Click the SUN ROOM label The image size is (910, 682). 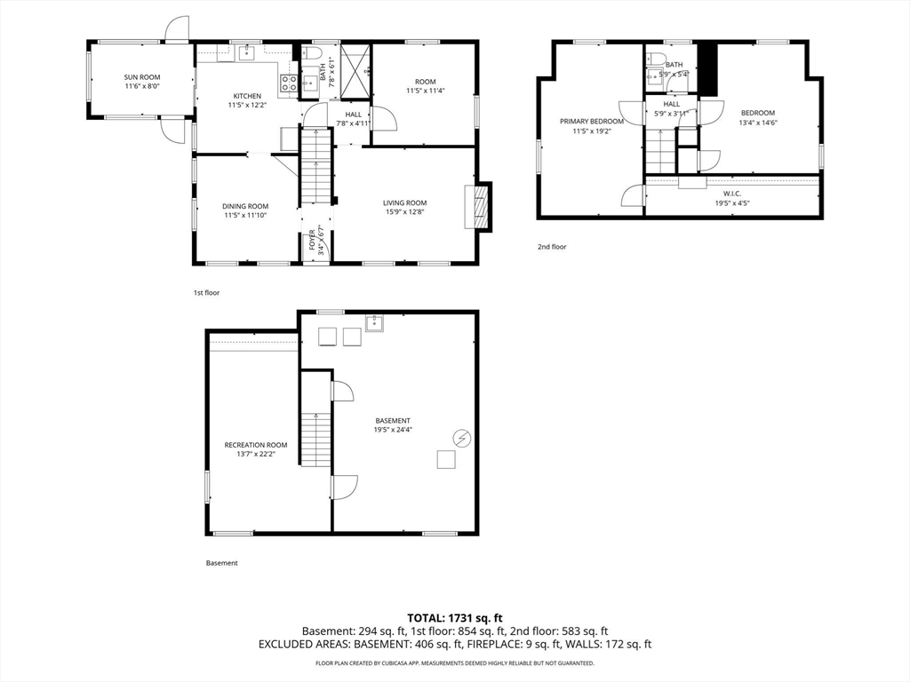[x=142, y=77]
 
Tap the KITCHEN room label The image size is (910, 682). [x=247, y=96]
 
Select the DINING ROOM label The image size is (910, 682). [x=245, y=206]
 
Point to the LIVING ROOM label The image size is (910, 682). [x=404, y=203]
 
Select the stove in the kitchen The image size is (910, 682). [x=289, y=83]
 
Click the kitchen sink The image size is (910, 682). [x=248, y=53]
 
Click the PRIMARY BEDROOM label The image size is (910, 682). [x=591, y=122]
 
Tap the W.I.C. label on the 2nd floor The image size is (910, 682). [x=732, y=194]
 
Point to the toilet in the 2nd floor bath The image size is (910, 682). [x=657, y=59]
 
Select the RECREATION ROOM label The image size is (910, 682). [x=256, y=446]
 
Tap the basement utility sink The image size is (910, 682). [x=374, y=323]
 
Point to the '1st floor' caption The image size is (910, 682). [x=206, y=293]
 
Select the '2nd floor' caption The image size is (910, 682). [x=552, y=247]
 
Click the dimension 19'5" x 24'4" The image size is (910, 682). [x=393, y=430]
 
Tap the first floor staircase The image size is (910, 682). [x=315, y=166]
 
